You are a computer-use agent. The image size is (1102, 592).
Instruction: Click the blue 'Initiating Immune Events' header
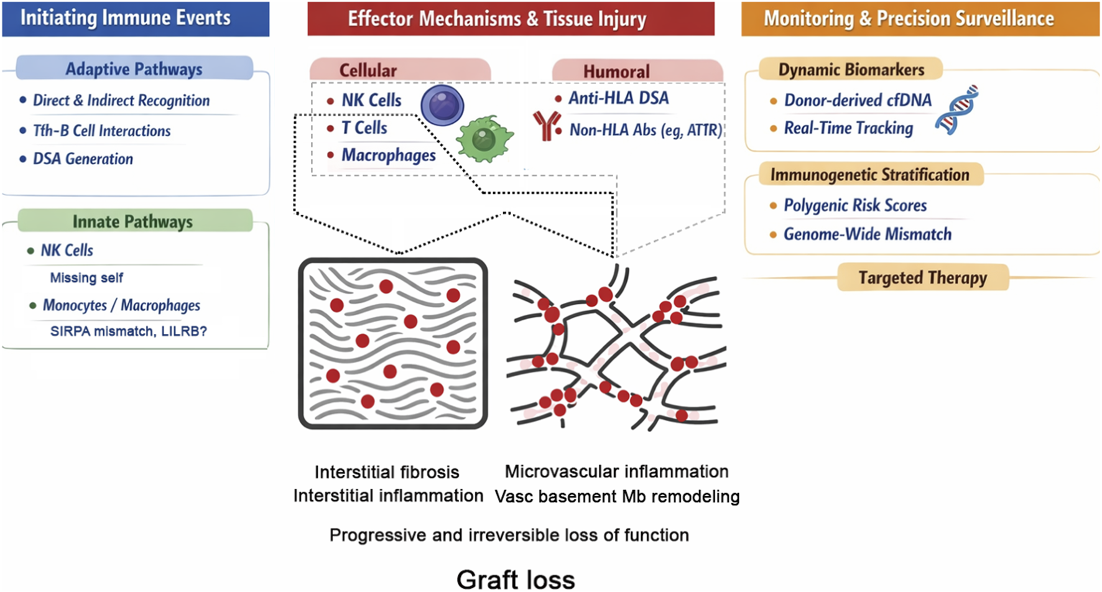[136, 18]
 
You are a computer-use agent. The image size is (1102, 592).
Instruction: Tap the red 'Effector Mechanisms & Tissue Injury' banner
[510, 19]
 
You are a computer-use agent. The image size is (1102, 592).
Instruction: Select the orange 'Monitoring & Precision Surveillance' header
[919, 19]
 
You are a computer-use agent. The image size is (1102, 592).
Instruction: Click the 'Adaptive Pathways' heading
[134, 69]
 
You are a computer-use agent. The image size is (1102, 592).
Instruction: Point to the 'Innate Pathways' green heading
[133, 221]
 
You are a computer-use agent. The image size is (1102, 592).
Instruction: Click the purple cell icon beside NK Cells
[442, 105]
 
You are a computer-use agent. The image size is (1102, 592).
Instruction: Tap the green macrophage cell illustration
[484, 139]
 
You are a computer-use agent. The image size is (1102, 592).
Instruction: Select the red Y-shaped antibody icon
[546, 126]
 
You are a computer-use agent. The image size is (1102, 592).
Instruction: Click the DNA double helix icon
[956, 110]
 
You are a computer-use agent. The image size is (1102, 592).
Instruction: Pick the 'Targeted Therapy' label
[922, 277]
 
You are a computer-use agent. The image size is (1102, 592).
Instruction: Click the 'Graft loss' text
[516, 579]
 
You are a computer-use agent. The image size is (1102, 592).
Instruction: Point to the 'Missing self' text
[86, 278]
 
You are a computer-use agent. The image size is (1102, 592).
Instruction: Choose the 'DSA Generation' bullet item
[83, 159]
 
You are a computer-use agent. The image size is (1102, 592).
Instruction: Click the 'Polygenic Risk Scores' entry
[855, 206]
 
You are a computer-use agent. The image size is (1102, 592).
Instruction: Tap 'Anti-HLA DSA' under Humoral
[618, 98]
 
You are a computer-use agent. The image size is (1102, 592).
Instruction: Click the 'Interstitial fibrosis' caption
[387, 472]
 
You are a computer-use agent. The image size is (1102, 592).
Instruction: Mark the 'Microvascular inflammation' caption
[616, 471]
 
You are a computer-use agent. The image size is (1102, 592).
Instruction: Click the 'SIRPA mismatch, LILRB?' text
[128, 331]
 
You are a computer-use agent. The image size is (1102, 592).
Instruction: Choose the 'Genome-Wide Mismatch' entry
[867, 234]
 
